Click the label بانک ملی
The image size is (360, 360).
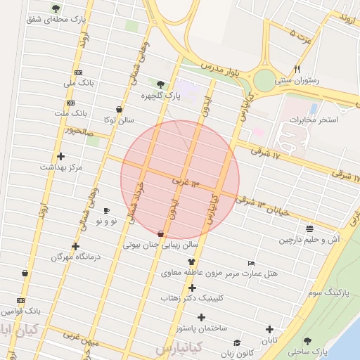click(78, 84)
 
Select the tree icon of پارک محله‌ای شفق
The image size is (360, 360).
click(56, 8)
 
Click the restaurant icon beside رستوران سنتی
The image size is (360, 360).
click(297, 69)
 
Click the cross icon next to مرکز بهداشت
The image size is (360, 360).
click(60, 156)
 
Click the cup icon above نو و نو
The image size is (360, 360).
click(106, 210)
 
